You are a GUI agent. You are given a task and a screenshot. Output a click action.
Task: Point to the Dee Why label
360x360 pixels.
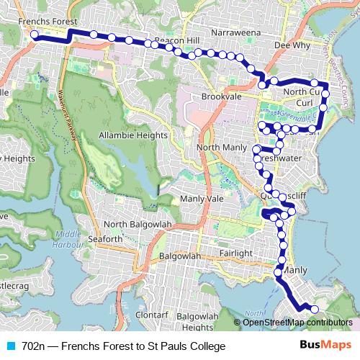(292, 44)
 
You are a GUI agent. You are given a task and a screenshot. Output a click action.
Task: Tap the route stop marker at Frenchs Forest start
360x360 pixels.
(34, 35)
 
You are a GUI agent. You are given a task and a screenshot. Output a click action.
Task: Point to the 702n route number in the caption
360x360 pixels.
(33, 346)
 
